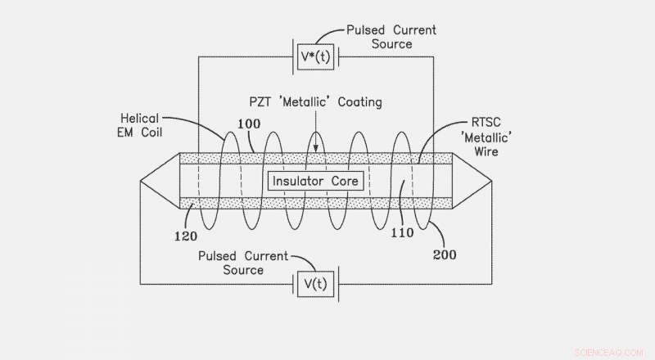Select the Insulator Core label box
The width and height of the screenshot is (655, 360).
point(316,180)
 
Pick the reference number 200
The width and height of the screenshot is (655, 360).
point(445,254)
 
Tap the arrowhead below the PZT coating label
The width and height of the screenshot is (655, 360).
point(315,148)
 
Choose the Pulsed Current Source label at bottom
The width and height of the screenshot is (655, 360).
point(243,263)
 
